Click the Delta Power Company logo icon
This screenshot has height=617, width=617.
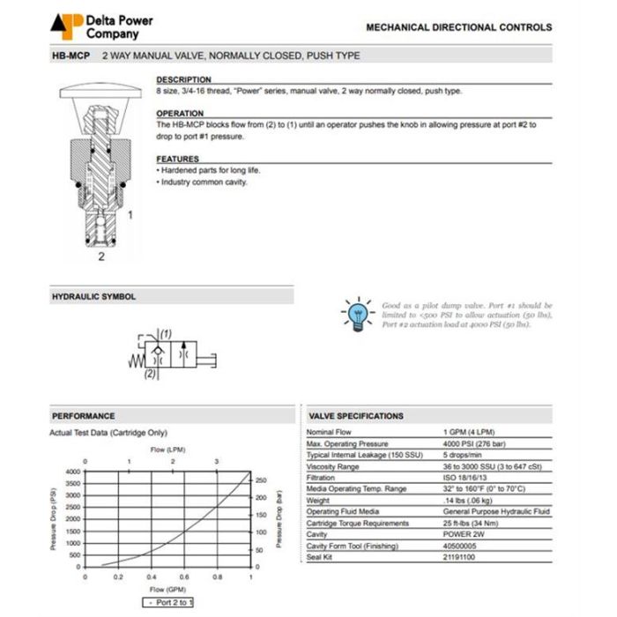[65, 26]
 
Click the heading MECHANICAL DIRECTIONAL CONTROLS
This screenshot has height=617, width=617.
[458, 27]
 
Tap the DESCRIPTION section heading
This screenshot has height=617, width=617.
[183, 80]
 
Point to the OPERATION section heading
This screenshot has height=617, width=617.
[180, 114]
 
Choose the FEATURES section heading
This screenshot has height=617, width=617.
[178, 160]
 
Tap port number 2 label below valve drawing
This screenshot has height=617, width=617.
[101, 256]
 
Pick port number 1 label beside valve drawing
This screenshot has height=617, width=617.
[130, 214]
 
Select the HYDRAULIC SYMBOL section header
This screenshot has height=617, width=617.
[94, 297]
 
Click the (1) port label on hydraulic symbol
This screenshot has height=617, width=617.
[166, 334]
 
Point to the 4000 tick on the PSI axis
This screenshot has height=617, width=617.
[73, 472]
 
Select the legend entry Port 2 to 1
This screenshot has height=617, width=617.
[170, 602]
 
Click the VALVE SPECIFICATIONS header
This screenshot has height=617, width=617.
[356, 416]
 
